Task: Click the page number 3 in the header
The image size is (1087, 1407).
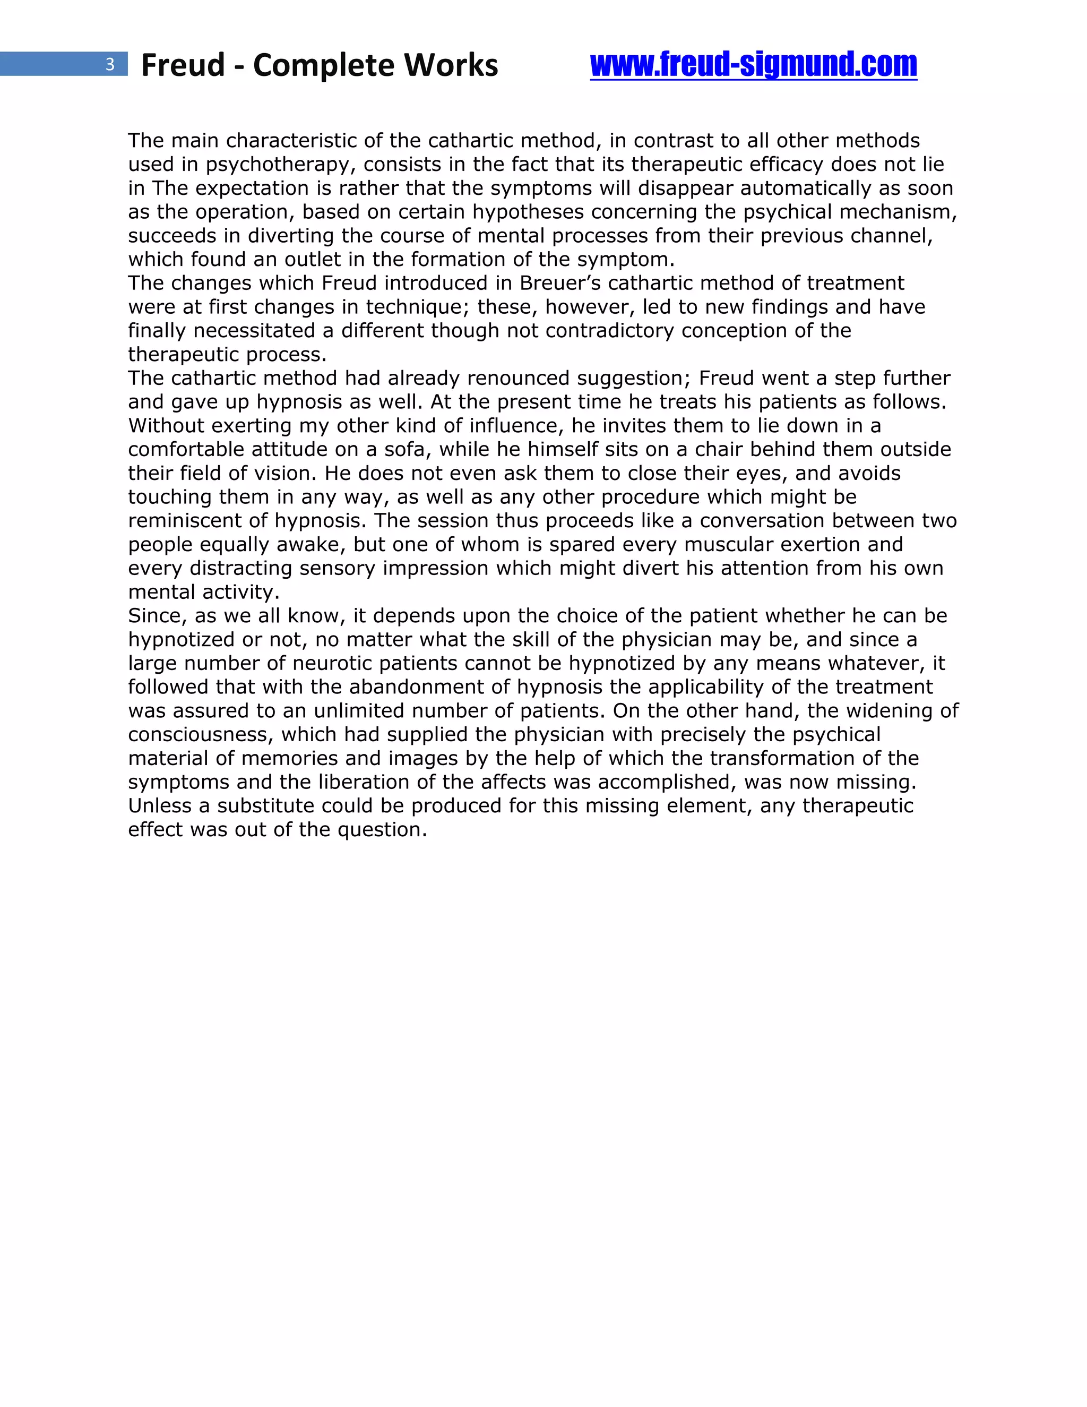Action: point(110,64)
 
